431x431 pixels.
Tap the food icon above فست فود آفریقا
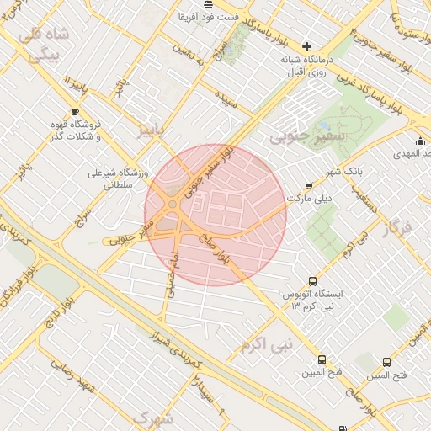[208, 4]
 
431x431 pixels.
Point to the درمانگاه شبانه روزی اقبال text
[306, 67]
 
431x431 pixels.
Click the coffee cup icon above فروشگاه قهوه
[75, 111]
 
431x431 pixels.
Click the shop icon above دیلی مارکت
[308, 184]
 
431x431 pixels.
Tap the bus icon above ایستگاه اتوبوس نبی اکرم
[313, 282]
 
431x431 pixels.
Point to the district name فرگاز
[396, 227]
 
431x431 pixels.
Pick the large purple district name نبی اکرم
[265, 343]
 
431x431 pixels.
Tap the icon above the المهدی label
[420, 140]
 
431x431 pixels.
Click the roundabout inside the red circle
[173, 207]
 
